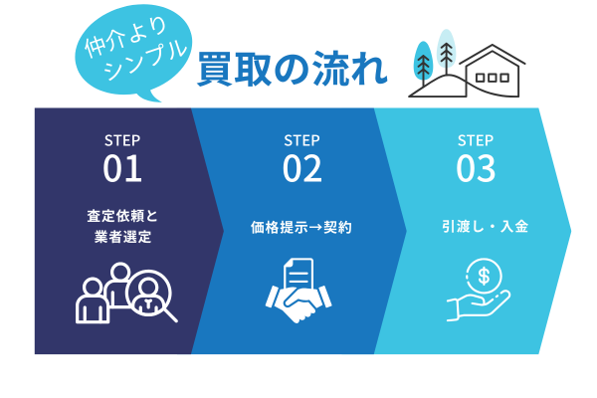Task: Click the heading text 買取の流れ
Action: [x=293, y=70]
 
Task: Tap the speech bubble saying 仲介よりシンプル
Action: [x=133, y=52]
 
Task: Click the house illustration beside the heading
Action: [x=493, y=71]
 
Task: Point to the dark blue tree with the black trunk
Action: [x=423, y=64]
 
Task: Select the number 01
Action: [x=122, y=168]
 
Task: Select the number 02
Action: [x=301, y=168]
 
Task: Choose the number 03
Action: [x=476, y=168]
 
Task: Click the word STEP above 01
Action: [x=122, y=140]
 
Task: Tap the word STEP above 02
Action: [x=301, y=140]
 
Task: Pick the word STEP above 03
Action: [x=476, y=140]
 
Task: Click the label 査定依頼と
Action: [x=122, y=216]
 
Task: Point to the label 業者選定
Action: [x=122, y=237]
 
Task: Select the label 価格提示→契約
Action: [x=301, y=228]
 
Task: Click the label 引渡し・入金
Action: [x=486, y=227]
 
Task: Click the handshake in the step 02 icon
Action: [x=298, y=303]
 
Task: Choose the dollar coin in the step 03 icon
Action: [x=484, y=277]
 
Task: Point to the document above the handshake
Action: [x=298, y=277]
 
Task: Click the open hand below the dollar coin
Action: [x=479, y=305]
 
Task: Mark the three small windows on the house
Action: [x=493, y=78]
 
